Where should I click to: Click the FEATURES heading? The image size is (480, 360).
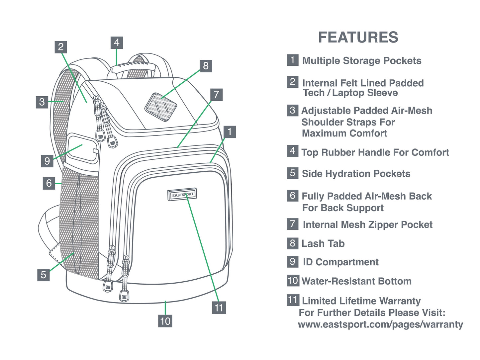(x=358, y=37)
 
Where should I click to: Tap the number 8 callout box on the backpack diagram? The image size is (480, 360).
(x=206, y=66)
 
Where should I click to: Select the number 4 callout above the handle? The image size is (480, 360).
(x=117, y=43)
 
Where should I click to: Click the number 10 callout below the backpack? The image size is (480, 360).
(x=165, y=321)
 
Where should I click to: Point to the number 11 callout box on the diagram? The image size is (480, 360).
(x=219, y=308)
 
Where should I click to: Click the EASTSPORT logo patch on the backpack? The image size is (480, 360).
(x=182, y=195)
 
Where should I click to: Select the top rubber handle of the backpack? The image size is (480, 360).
(x=133, y=66)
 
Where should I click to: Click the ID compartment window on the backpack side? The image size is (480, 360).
(x=82, y=147)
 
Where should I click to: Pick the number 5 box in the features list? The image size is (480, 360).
(x=292, y=173)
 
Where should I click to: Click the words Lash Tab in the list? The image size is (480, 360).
(x=323, y=243)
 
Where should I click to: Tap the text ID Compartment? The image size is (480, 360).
(x=340, y=262)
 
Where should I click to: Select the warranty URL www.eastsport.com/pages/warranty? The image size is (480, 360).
(x=380, y=324)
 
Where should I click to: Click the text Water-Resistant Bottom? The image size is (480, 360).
(x=356, y=281)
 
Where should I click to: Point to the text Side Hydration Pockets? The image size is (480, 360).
(x=356, y=174)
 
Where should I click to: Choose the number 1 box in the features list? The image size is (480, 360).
(x=292, y=60)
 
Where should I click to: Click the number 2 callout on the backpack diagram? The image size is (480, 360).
(x=60, y=47)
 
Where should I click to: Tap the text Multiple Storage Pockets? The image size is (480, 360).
(x=362, y=61)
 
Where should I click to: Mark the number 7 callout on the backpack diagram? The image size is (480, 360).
(x=216, y=95)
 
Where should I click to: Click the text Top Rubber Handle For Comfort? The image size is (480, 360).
(x=375, y=152)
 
